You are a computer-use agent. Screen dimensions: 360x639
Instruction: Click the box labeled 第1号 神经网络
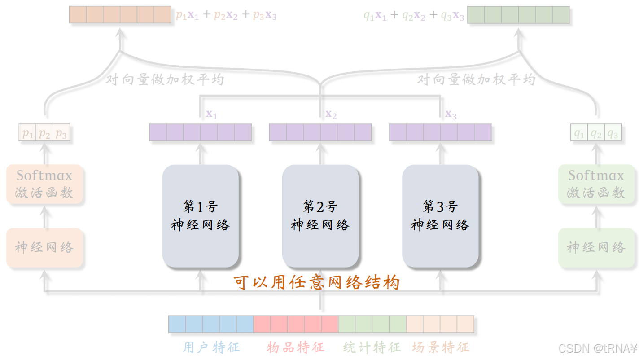coord(200,216)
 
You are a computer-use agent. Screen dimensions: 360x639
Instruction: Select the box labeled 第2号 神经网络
coord(320,216)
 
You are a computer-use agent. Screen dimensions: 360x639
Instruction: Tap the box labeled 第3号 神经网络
coord(440,216)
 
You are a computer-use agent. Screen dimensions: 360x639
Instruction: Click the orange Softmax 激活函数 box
coord(44,184)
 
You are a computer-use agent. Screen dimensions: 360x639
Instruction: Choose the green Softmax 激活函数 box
coord(596,184)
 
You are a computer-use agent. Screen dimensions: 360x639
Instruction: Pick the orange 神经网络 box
coord(44,247)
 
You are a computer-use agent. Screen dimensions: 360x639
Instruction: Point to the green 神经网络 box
coord(596,247)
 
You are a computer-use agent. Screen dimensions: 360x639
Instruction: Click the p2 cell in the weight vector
coord(44,133)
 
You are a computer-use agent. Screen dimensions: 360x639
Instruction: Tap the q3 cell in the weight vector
coord(613,133)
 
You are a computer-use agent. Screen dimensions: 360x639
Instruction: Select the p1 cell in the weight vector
coord(28,133)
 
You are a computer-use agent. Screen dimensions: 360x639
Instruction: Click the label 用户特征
coord(211,347)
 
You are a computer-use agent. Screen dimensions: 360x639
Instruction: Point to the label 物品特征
coord(295,347)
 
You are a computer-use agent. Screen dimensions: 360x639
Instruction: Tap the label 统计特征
coord(372,347)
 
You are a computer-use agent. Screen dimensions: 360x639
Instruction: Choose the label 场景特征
coord(441,347)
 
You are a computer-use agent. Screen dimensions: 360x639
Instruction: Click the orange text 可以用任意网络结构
coord(317,283)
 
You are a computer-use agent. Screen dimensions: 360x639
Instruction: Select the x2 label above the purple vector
coord(331,114)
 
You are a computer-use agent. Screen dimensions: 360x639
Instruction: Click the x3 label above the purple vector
coord(451,114)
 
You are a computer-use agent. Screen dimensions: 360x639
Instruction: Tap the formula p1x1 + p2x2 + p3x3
coord(226,15)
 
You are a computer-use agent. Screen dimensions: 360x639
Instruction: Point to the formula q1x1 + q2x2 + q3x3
coord(414,15)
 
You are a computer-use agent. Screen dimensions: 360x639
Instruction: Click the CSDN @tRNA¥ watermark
coord(597,348)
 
